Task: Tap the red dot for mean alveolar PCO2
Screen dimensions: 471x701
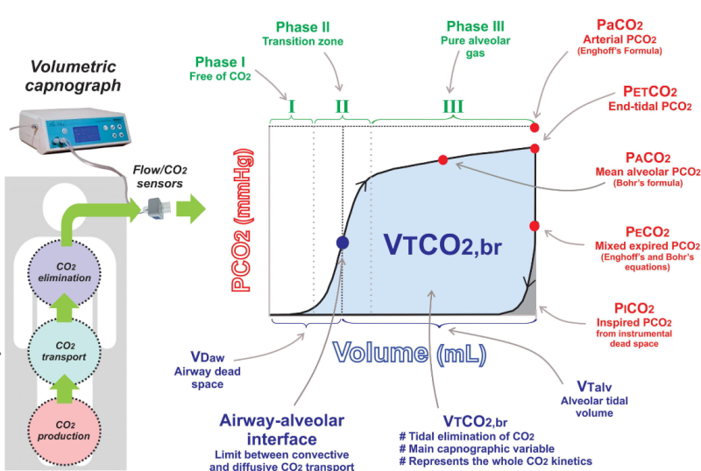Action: click(443, 159)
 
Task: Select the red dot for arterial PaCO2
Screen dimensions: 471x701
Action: click(534, 127)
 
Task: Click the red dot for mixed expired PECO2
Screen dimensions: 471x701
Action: click(534, 226)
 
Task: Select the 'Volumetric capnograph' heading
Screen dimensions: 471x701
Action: click(74, 74)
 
